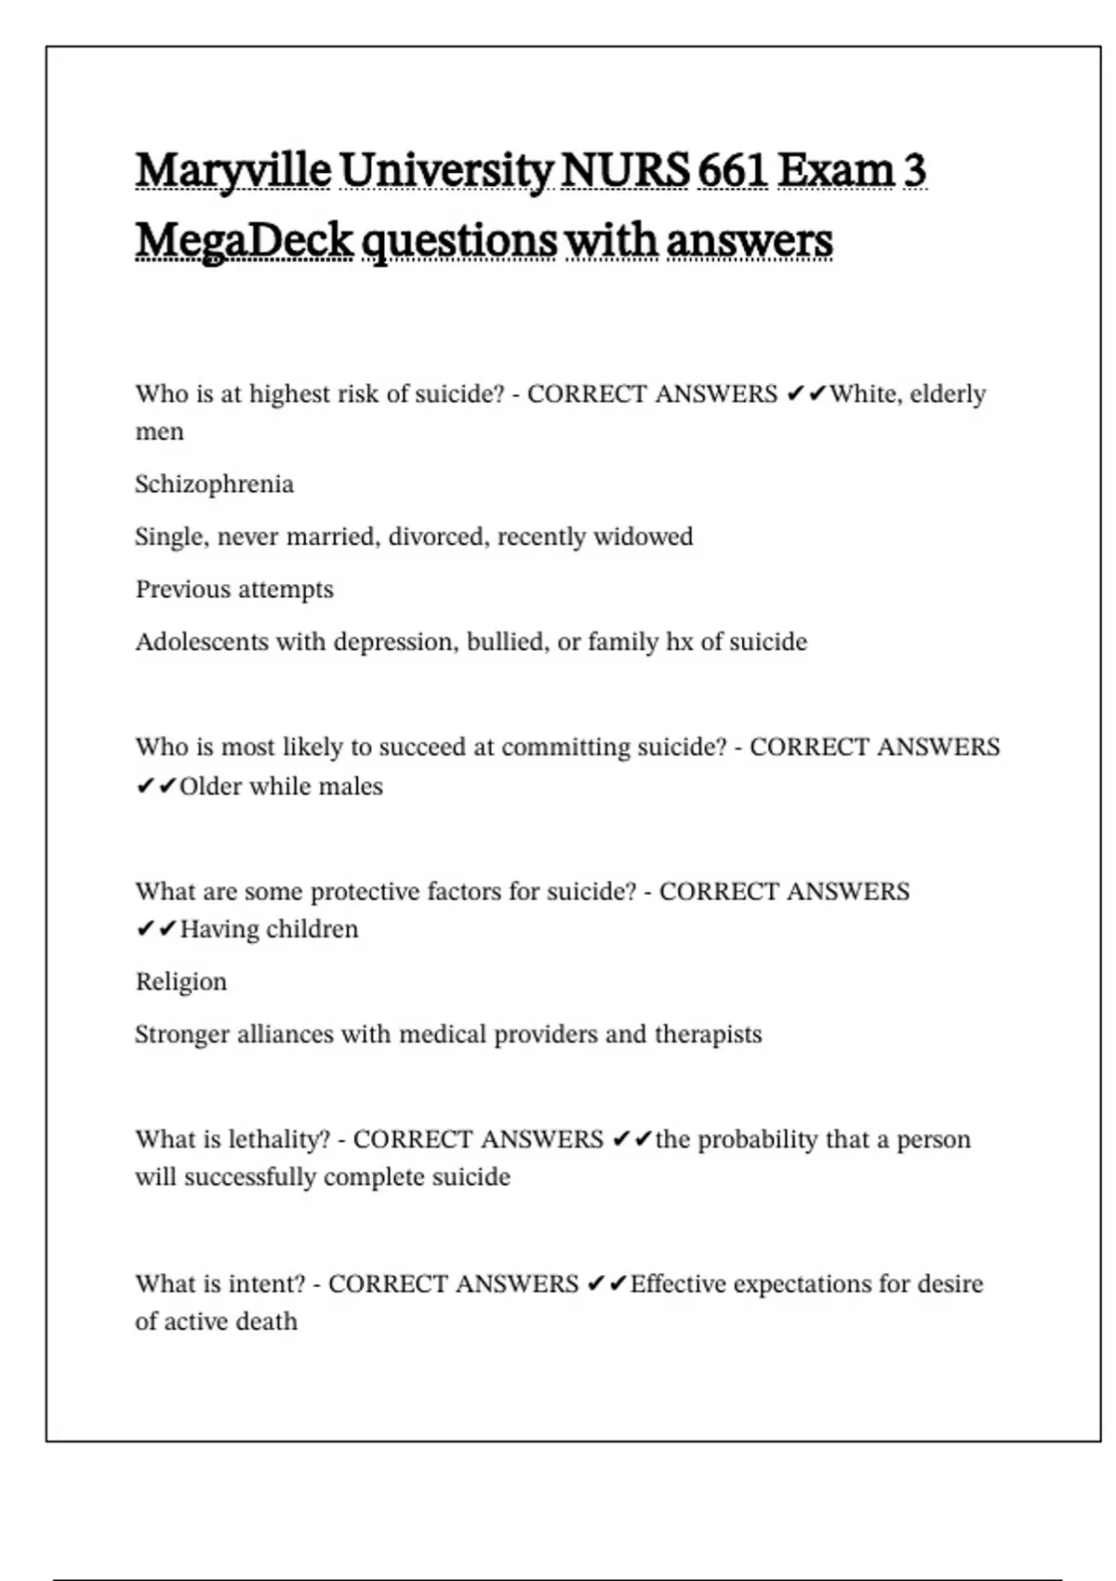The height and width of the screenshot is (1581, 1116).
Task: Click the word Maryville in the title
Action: click(x=232, y=171)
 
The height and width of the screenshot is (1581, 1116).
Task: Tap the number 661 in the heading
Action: click(x=732, y=171)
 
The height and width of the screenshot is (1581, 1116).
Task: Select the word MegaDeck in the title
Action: click(x=244, y=241)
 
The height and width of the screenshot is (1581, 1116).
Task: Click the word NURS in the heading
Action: click(x=625, y=171)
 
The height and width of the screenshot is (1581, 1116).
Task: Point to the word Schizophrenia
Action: click(x=214, y=485)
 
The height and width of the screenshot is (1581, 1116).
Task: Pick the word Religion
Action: click(x=181, y=982)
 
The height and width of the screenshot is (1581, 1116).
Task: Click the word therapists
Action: click(x=708, y=1034)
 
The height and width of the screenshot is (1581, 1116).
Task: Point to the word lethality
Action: click(x=278, y=1139)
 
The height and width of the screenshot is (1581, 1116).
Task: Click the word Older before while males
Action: click(x=210, y=787)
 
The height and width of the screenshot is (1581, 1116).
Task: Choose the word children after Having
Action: click(x=312, y=929)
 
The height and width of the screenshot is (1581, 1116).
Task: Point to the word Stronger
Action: click(x=181, y=1034)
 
